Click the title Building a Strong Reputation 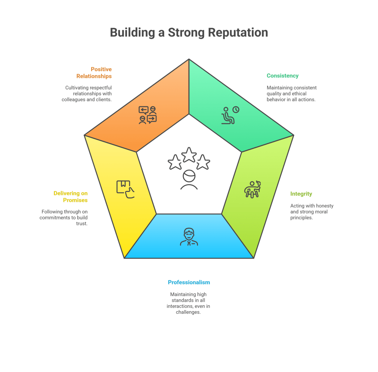tap(189, 32)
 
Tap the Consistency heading tap(282, 76)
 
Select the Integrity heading tap(301, 194)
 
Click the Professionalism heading tap(189, 282)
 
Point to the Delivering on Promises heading tap(71, 197)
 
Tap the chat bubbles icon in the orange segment tap(148, 115)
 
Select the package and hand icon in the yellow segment tap(125, 189)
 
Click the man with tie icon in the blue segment tap(189, 237)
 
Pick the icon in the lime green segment tap(252, 189)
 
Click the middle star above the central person tap(189, 154)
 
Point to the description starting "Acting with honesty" tap(312, 212)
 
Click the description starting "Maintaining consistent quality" tap(292, 94)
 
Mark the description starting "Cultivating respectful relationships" tap(87, 94)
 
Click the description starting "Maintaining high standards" tap(189, 303)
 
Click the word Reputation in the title tap(238, 32)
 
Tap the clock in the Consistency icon tap(235, 110)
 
